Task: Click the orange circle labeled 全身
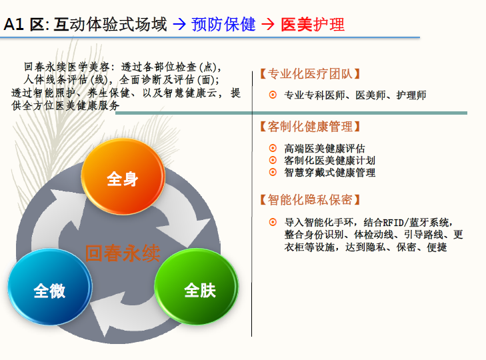pos(123,177)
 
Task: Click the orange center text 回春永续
pos(123,253)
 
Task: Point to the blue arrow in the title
pos(179,24)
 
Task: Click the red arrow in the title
pos(268,24)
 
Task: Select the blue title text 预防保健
pos(223,24)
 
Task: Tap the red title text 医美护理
pos(313,24)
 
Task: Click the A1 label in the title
pos(13,24)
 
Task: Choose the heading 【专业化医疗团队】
pos(310,74)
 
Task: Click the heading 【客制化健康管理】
pos(310,127)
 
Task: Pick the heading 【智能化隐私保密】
pos(310,200)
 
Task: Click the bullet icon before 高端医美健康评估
pos(273,148)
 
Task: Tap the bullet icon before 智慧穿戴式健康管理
pos(273,172)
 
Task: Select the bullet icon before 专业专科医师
pos(273,95)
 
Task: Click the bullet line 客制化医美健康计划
pos(330,160)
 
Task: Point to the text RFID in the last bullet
pos(394,222)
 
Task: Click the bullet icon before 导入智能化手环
pos(273,222)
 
